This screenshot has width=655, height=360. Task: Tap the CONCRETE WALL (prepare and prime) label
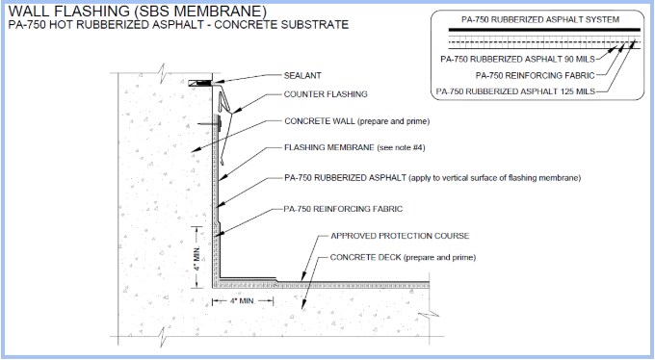pyautogui.click(x=356, y=122)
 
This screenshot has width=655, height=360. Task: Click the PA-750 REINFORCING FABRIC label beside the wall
pyautogui.click(x=343, y=207)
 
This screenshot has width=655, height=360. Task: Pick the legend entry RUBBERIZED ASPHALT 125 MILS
pyautogui.click(x=515, y=91)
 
